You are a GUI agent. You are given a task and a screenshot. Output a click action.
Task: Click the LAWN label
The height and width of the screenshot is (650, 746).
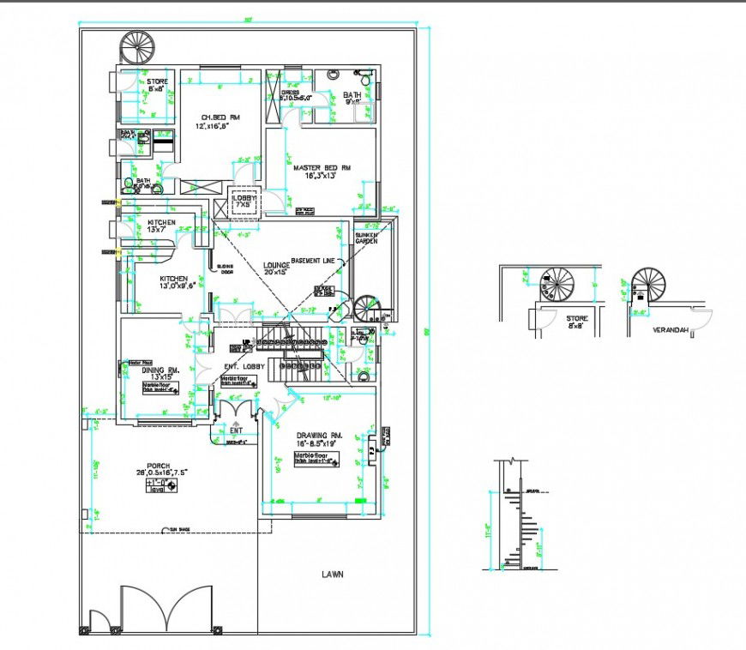(333, 575)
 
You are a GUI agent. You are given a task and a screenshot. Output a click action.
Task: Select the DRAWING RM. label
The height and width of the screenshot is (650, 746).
(319, 436)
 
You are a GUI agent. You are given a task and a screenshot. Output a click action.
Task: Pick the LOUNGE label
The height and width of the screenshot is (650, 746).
(276, 267)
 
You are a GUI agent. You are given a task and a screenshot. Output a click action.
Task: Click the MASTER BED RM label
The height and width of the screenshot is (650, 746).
(322, 168)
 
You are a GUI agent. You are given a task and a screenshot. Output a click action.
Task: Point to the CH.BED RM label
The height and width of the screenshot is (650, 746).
(220, 117)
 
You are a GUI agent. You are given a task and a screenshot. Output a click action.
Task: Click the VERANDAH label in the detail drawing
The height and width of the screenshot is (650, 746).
(669, 328)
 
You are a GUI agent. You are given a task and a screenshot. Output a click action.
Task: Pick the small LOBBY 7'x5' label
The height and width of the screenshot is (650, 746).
(244, 201)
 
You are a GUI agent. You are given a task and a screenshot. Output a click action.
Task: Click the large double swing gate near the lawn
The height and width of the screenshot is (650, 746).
(165, 609)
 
